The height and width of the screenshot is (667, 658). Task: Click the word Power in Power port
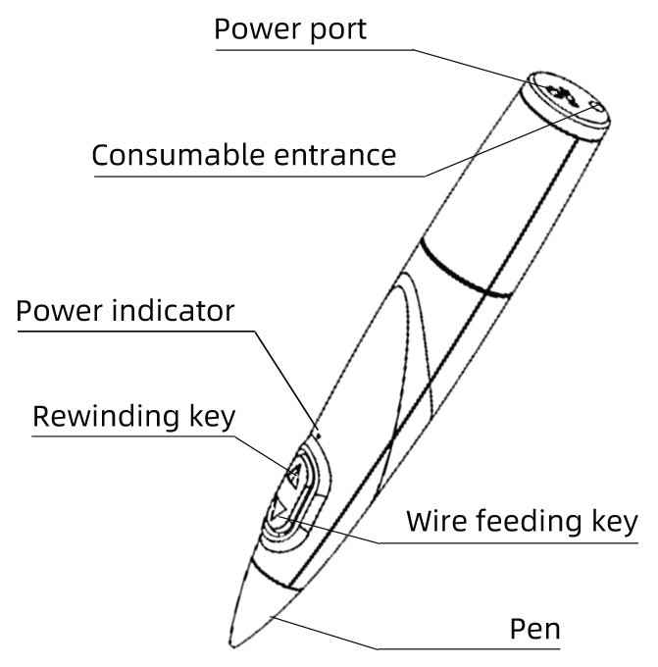click(x=257, y=29)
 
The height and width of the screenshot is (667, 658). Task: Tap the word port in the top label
click(x=337, y=30)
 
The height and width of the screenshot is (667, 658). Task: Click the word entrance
click(x=335, y=155)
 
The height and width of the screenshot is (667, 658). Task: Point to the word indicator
click(x=174, y=310)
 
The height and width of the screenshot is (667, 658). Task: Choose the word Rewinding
click(x=106, y=417)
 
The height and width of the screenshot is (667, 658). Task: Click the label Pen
click(x=534, y=629)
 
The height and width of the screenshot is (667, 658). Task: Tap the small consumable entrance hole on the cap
click(x=596, y=106)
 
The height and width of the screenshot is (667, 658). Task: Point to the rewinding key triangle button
click(x=294, y=475)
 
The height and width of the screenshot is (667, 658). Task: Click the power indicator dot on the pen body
click(x=318, y=436)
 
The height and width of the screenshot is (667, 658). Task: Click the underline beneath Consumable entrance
click(x=259, y=177)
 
